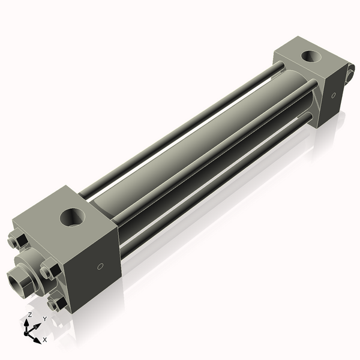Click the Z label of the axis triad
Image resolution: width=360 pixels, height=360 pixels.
pos(29,315)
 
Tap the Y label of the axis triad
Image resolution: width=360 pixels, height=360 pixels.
pos(44,319)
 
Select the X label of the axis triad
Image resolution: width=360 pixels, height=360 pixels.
pos(44,340)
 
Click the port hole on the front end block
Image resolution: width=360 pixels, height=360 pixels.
pos(72,216)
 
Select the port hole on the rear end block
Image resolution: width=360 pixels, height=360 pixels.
pos(311,58)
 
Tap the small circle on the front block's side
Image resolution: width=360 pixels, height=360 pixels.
pos(100,266)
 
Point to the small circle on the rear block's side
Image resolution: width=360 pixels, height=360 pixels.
pos(333,95)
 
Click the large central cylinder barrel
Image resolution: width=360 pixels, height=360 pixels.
pos(198,144)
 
